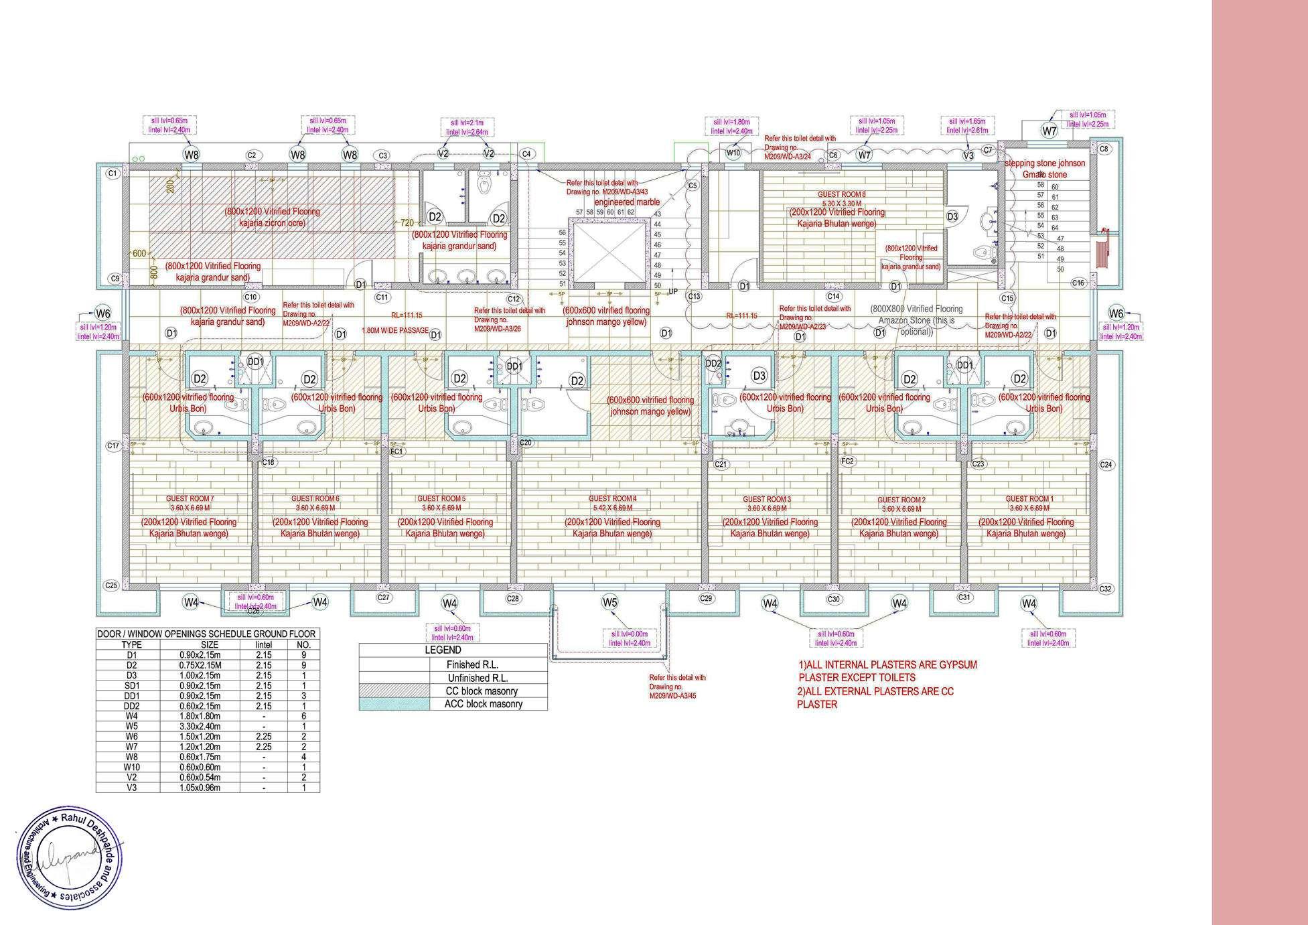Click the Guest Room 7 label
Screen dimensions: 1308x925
point(190,498)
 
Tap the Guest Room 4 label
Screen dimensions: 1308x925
point(612,498)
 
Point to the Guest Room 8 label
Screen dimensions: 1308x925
point(841,194)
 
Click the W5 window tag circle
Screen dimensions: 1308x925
point(609,602)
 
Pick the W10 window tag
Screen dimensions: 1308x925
point(734,153)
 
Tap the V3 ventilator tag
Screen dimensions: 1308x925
point(968,155)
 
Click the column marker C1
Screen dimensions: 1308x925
point(113,173)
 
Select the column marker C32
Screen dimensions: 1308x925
point(1106,589)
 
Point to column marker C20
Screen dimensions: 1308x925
point(526,443)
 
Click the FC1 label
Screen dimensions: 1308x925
point(397,452)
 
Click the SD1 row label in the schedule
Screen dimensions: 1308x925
point(131,686)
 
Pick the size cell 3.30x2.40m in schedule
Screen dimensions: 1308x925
point(200,726)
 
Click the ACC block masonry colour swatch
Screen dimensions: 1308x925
point(394,704)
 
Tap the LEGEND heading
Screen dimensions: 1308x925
point(443,650)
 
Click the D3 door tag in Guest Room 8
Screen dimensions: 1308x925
point(952,216)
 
